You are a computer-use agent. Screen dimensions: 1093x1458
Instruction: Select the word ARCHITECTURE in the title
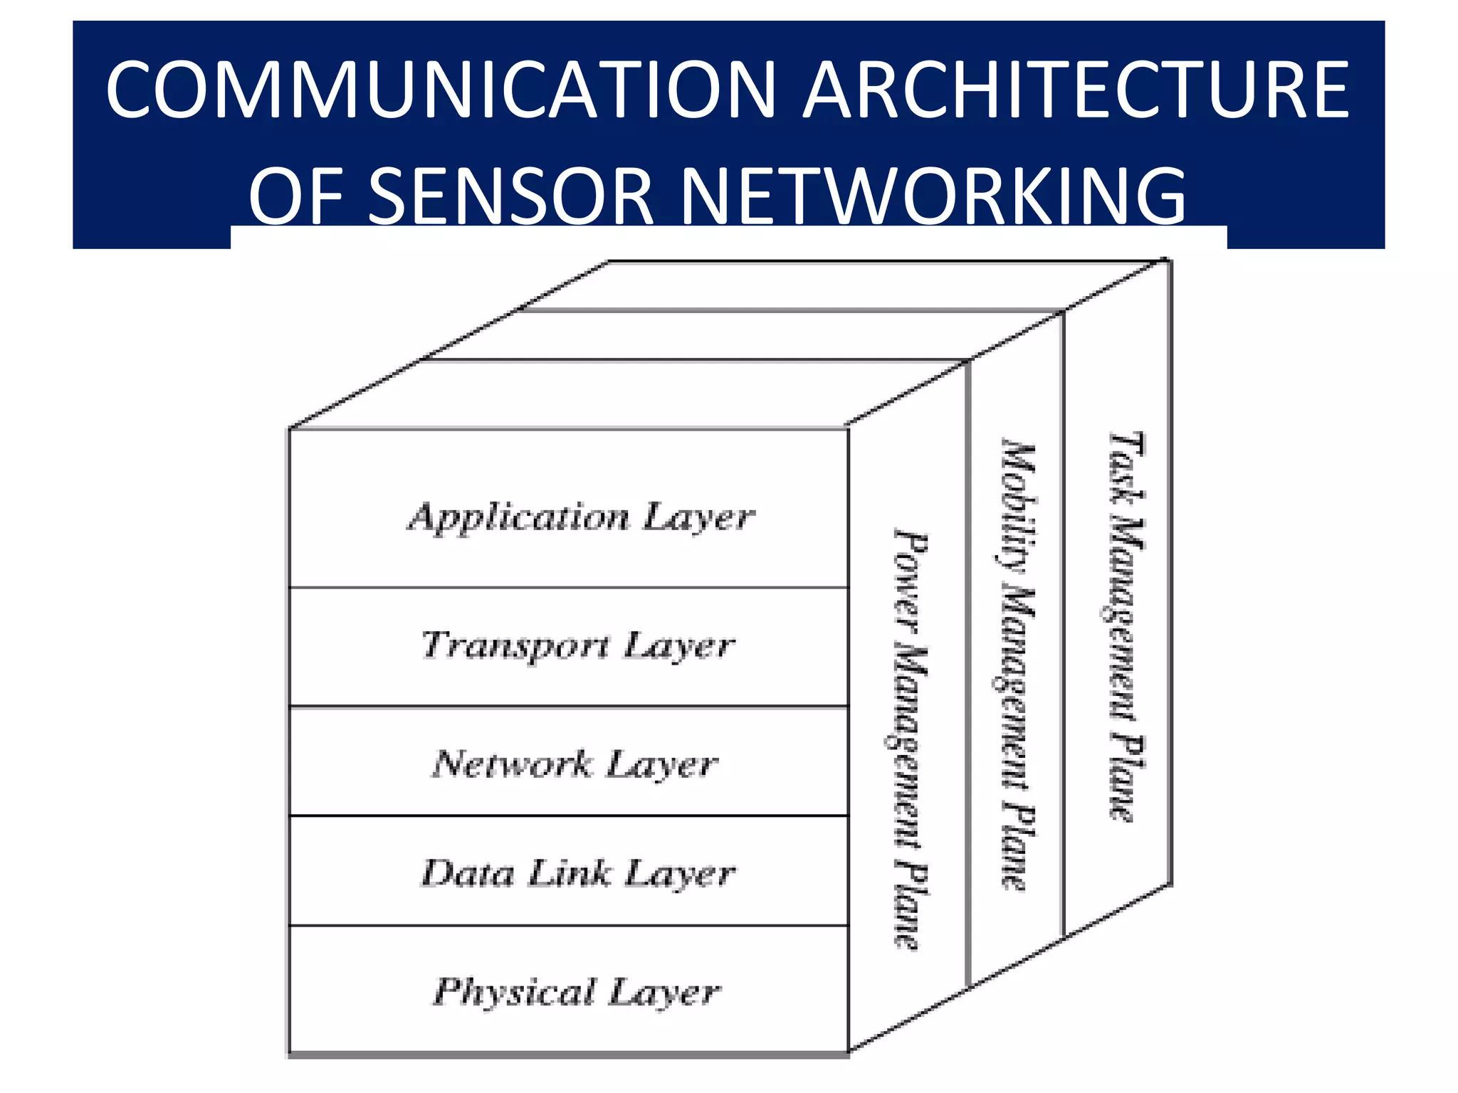pos(1076,90)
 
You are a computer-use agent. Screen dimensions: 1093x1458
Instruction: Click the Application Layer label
pos(580,517)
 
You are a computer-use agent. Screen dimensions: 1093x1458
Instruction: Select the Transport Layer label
pos(578,645)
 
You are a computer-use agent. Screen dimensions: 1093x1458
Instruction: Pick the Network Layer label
pos(575,764)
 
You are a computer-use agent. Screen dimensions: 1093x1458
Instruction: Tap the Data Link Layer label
pos(578,874)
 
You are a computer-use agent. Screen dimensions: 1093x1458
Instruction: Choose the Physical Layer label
pos(577,992)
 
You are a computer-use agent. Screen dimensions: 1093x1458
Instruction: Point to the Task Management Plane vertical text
pos(1127,626)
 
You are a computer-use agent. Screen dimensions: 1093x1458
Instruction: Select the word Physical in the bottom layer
pos(515,992)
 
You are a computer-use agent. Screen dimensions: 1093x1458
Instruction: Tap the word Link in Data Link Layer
pos(569,873)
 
